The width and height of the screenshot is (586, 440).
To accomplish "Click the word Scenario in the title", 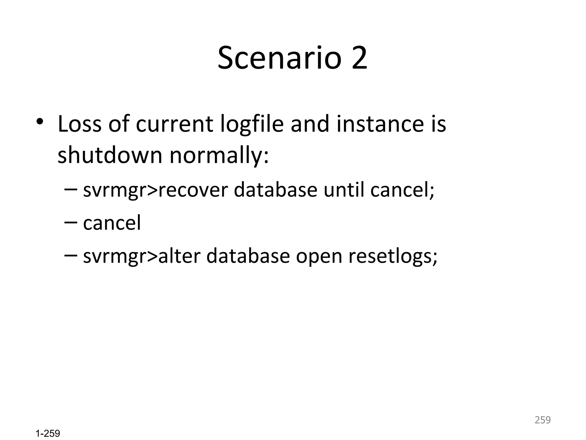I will [x=279, y=58].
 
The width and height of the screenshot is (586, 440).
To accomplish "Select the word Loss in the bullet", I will [x=80, y=124].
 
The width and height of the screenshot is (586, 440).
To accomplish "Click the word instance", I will [x=380, y=124].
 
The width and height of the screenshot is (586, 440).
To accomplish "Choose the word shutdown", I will [x=110, y=155].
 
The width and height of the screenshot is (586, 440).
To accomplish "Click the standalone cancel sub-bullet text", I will [x=112, y=223].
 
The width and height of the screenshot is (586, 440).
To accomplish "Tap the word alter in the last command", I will [x=179, y=256].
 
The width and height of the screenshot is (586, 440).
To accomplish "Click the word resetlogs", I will [x=393, y=256].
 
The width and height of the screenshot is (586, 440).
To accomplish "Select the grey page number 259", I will [x=543, y=420].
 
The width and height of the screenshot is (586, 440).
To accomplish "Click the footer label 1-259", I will [x=48, y=433].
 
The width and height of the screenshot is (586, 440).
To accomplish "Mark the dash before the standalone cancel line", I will [x=71, y=222].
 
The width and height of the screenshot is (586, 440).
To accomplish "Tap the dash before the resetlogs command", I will [x=71, y=255].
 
